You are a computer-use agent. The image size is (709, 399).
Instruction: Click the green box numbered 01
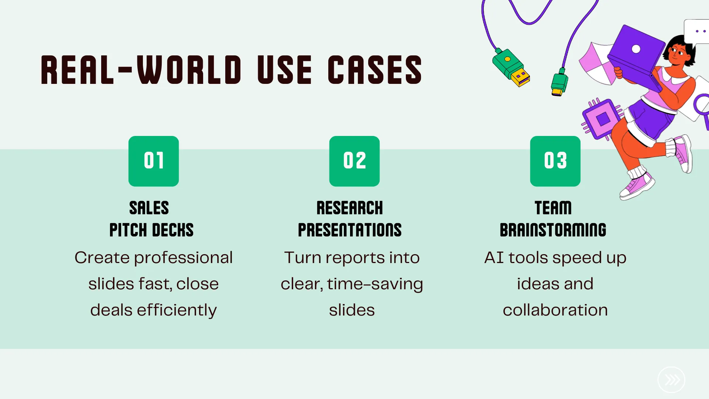point(154,161)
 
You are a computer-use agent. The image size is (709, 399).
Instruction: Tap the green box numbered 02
point(354,161)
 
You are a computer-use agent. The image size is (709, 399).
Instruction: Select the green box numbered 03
point(555,161)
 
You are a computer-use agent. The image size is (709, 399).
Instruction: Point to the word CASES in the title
point(375,70)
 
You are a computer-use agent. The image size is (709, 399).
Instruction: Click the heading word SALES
point(149,208)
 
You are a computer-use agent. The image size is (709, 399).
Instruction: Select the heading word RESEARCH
point(350,208)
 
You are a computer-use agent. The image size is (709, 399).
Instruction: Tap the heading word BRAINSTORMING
point(553,230)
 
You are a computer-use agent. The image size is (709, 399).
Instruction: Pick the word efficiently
point(177,310)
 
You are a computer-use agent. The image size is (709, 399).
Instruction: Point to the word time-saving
point(375,284)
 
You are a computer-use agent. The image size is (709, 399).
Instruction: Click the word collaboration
point(555,310)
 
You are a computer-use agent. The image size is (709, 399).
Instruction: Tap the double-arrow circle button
point(671,380)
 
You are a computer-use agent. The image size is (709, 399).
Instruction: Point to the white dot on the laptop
point(636,49)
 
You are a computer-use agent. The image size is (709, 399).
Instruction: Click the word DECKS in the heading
point(173,230)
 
